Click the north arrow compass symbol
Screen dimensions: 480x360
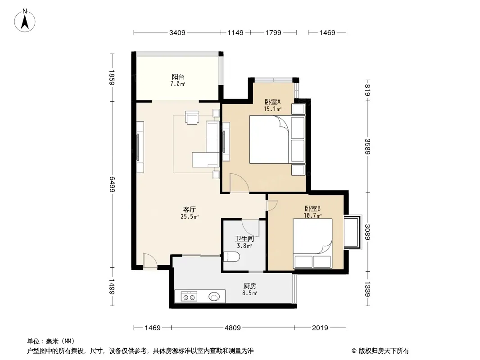point(25,21)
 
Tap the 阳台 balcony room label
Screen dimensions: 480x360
point(178,77)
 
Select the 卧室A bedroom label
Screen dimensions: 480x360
point(272,102)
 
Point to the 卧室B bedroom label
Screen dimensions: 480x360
point(312,209)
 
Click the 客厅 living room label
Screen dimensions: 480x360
point(190,210)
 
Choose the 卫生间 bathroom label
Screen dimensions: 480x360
point(245,238)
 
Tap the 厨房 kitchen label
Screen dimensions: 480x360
point(250,286)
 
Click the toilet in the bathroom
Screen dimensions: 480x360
point(232,257)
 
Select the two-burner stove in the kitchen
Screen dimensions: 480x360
point(189,297)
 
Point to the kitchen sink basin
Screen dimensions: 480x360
point(214,297)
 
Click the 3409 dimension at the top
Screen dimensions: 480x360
point(177,32)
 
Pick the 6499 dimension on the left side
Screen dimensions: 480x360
point(112,184)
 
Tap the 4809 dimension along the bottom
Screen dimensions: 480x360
point(233,328)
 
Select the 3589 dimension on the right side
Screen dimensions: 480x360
point(367,147)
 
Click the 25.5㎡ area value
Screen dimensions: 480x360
point(190,217)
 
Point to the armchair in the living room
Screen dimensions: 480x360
point(192,118)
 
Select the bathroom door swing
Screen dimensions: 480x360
point(251,228)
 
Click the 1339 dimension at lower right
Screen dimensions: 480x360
point(367,289)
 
